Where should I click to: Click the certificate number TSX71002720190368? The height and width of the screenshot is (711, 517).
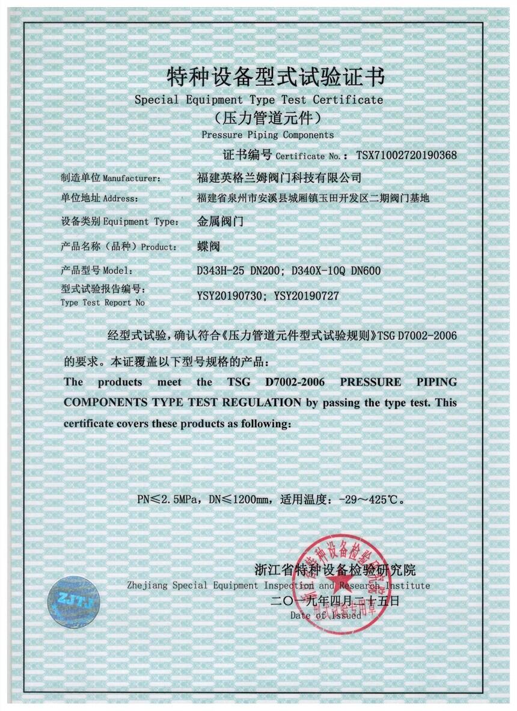[x=406, y=155]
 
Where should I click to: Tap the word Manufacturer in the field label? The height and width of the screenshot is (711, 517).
[x=132, y=179]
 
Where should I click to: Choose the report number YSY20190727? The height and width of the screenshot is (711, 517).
[x=307, y=295]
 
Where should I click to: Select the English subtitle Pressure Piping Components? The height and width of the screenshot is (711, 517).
[x=267, y=135]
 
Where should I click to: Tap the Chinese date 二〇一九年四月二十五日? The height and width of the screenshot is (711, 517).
[x=335, y=600]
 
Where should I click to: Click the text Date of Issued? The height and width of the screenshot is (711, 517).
[x=325, y=615]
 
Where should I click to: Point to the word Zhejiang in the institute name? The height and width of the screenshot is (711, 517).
[x=147, y=585]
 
